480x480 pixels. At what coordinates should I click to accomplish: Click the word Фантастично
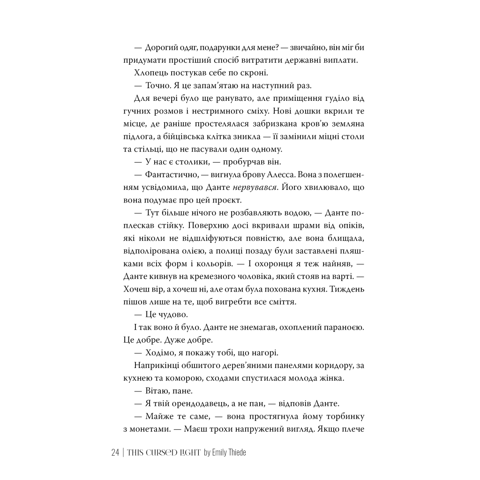(x=167, y=175)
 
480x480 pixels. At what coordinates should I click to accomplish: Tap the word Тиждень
(x=347, y=289)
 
